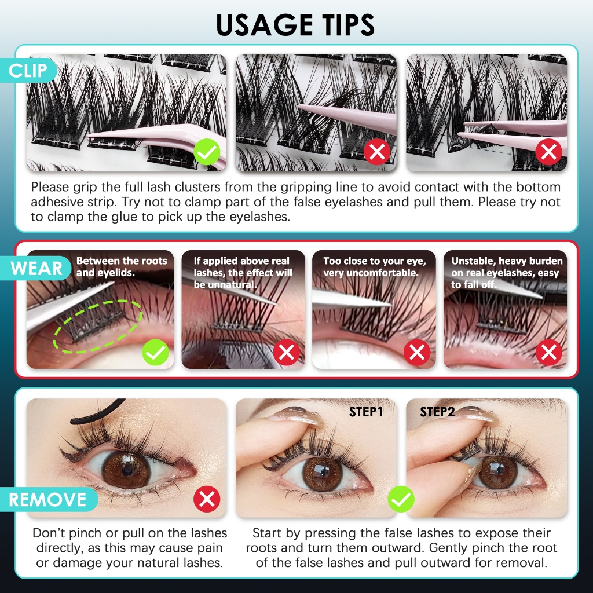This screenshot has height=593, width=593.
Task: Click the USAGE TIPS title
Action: click(x=295, y=25)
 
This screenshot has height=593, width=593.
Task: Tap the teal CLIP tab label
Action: click(x=28, y=70)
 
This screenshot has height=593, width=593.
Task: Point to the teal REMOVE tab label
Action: click(x=48, y=499)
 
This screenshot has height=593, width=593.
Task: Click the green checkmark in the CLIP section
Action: click(x=207, y=152)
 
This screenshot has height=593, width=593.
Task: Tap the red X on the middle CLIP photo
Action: click(x=377, y=152)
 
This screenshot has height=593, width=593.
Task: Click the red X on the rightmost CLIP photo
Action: click(x=548, y=152)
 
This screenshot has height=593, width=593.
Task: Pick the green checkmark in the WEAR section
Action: click(x=155, y=353)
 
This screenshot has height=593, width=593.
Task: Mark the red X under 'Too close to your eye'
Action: click(x=417, y=353)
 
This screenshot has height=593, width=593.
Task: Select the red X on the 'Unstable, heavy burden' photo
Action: click(x=549, y=353)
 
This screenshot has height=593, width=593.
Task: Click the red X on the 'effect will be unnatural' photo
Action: click(x=286, y=353)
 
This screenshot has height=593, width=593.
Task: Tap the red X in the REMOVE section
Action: click(x=207, y=499)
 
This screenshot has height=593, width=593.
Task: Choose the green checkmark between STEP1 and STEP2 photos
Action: click(x=401, y=499)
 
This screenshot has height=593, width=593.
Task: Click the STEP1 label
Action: click(x=366, y=412)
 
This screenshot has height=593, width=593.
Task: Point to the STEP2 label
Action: click(x=437, y=412)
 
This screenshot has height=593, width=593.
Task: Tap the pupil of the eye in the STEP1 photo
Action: click(x=323, y=471)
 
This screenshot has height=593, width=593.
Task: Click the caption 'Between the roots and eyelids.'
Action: click(x=122, y=266)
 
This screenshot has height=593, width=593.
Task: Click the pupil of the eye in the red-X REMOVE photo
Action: click(x=127, y=471)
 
